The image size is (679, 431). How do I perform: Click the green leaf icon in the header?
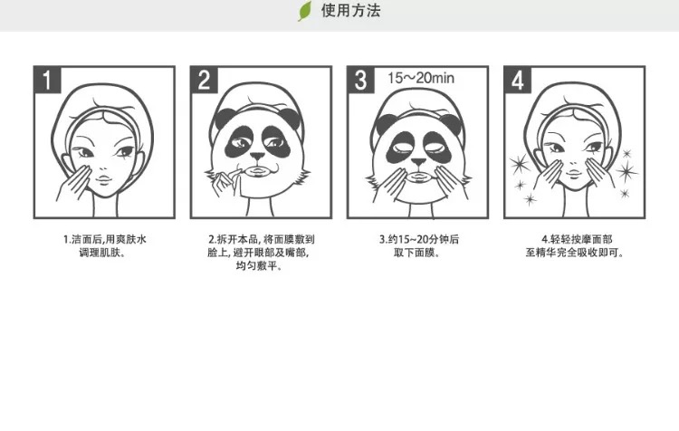pos(304,11)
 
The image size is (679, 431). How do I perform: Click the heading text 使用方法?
pos(350,10)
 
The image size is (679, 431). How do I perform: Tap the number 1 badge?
pos(48,80)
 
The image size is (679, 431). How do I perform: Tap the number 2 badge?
pos(205,80)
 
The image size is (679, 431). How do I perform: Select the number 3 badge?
pos(361,80)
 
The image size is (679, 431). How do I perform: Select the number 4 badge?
pos(518,80)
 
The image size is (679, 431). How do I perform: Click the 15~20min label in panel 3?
pos(421,78)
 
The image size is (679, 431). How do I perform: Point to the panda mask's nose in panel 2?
pos(258,156)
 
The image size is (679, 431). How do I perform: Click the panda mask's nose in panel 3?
pos(418,162)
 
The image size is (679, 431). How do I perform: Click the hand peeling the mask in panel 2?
pos(225,181)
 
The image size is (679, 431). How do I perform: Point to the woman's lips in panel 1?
pos(103,179)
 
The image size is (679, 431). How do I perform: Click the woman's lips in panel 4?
pos(573,174)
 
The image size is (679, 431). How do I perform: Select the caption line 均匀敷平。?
pos(260,265)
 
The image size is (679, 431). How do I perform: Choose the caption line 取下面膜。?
pos(417,253)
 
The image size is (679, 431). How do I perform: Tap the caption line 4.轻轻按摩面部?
pos(577,239)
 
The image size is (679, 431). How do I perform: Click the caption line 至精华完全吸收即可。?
pos(575,253)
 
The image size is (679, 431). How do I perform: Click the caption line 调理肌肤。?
pos(102,253)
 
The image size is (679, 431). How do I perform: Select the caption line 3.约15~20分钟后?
pos(419,239)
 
